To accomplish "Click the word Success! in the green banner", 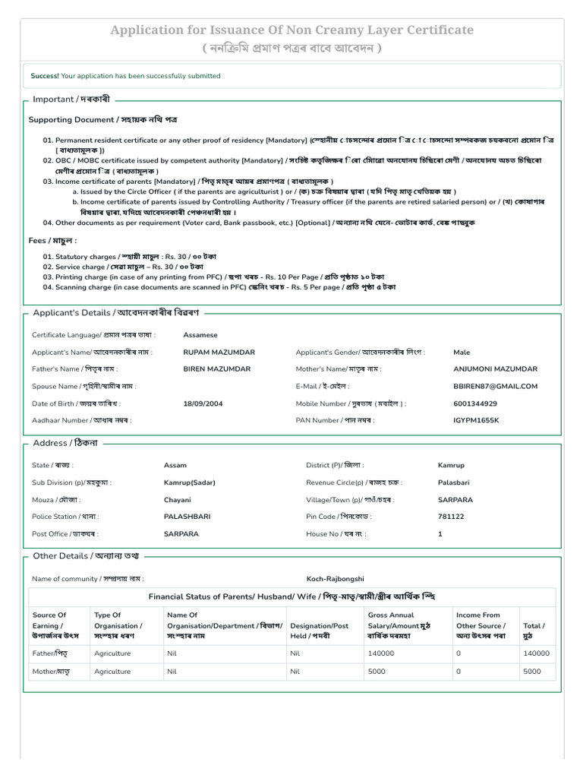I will coord(45,76).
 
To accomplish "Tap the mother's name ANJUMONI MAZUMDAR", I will coord(495,369).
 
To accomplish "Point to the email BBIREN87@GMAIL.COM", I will coord(495,386).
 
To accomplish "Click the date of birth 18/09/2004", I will coord(203,403).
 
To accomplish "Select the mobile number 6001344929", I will coord(475,403).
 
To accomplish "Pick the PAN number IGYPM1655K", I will coord(476,420).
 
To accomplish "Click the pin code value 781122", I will coord(451,517).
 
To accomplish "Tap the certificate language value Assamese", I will coord(200,335).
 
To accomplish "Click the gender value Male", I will coord(462,353).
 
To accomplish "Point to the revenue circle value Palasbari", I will coord(455,482).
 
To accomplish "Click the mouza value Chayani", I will coord(177,500).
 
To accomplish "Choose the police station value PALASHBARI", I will coord(188,517).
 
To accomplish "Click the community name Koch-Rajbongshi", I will coord(336,579).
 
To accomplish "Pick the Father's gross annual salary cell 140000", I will coord(381,653).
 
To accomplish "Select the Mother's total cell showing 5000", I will coord(532,672).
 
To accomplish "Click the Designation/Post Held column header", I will coord(320,625).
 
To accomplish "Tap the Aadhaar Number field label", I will coord(81,420).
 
